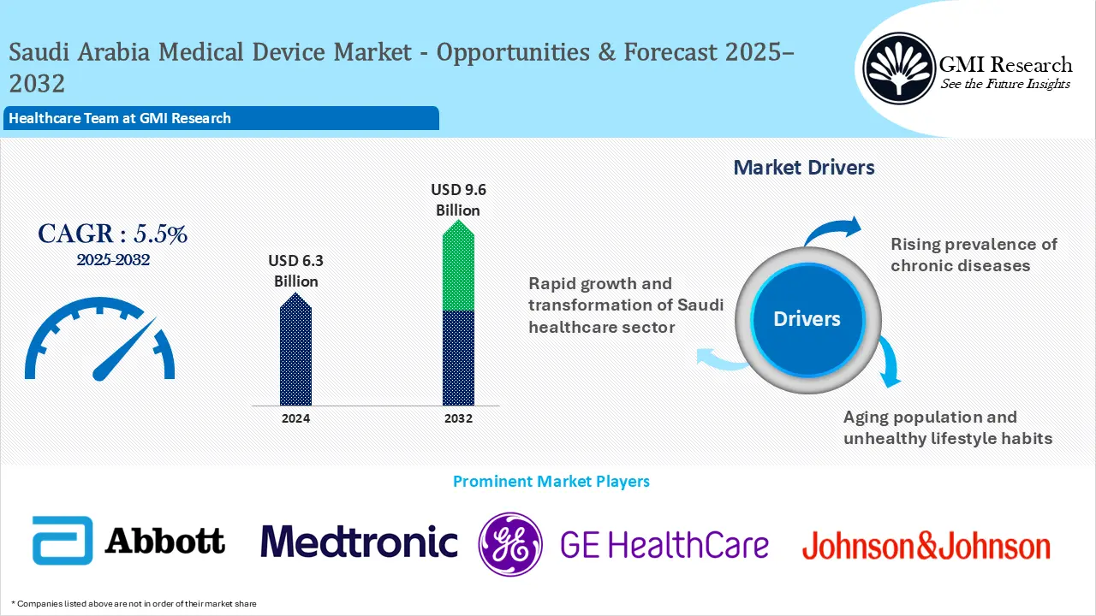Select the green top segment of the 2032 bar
tap(458, 269)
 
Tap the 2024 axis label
tap(295, 418)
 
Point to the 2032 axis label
tap(458, 418)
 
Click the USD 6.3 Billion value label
tap(296, 270)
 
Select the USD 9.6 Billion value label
tap(458, 199)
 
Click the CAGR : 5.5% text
tap(112, 234)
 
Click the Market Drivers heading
tap(804, 168)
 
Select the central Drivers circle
tap(807, 319)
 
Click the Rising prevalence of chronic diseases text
tap(973, 255)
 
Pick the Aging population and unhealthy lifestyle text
tap(947, 428)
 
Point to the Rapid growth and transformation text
tap(625, 305)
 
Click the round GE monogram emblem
tap(510, 544)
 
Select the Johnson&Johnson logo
tap(926, 546)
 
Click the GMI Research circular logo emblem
tap(898, 67)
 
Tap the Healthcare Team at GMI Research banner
tap(221, 118)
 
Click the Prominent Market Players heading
tap(551, 482)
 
